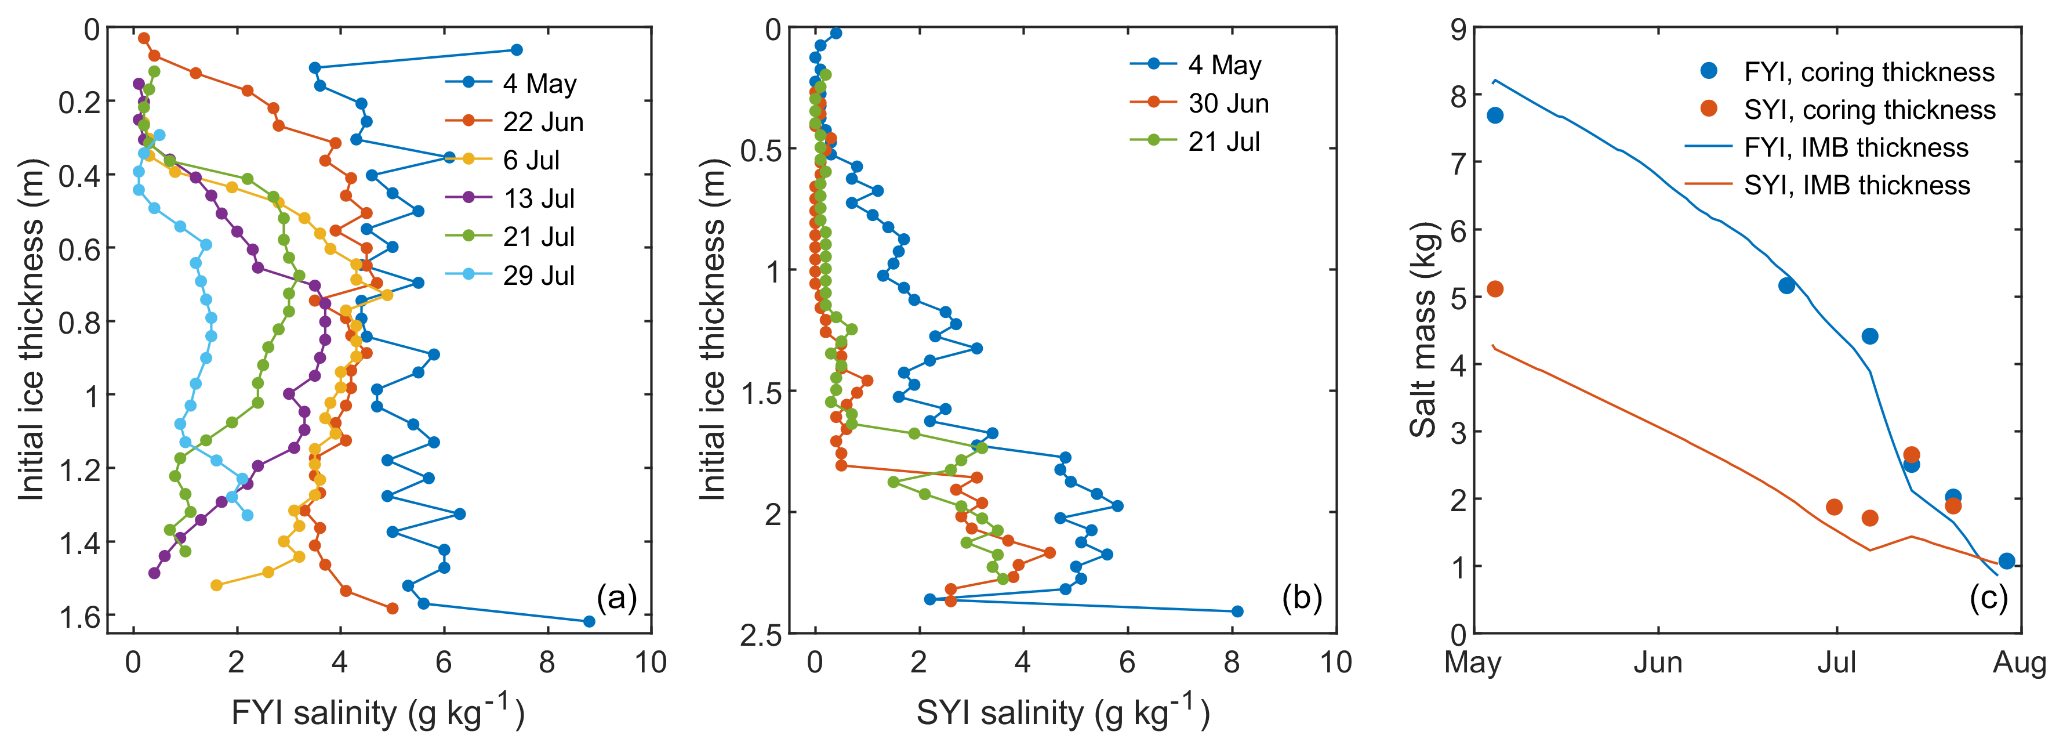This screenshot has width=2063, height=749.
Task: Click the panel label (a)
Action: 617,598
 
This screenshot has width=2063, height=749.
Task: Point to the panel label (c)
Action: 1989,598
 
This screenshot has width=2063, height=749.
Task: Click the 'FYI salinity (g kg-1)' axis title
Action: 377,711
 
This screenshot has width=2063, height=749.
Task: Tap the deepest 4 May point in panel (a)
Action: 589,621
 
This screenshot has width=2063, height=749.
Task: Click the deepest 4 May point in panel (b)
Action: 1237,611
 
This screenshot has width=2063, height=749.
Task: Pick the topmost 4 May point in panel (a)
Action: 517,50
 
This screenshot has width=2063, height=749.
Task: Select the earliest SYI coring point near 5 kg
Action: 1494,289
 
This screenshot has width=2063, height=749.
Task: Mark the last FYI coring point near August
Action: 2006,561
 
